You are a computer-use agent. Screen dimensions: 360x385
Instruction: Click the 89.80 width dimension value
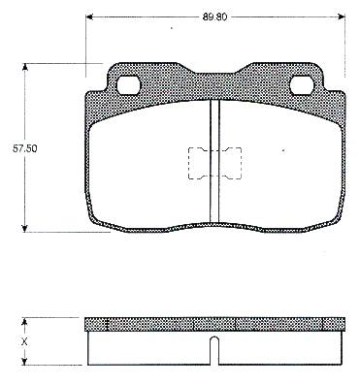point(214,17)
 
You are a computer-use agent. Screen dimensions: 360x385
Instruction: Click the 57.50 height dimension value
point(24,148)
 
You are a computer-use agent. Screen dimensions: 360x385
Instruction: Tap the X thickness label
point(24,341)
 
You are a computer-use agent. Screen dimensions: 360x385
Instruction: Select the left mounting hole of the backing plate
point(128,84)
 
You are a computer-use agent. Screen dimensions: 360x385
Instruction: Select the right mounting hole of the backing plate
point(302,84)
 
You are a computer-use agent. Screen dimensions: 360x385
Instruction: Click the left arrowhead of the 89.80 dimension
point(89,16)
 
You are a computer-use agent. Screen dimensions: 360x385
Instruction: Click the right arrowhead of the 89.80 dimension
point(342,16)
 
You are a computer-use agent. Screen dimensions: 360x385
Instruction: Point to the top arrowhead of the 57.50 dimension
point(24,67)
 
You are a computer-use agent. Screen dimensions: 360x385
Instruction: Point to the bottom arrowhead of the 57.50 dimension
point(24,228)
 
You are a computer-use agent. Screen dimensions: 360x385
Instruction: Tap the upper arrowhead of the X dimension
point(24,321)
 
